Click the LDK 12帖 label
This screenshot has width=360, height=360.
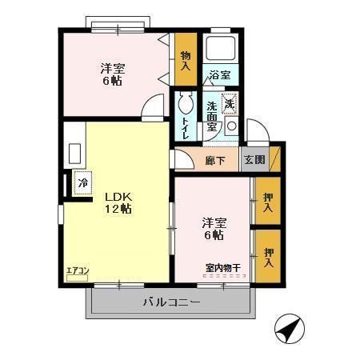tap(115, 202)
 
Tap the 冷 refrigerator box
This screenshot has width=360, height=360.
tap(83, 182)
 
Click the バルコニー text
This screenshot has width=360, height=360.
tap(171, 302)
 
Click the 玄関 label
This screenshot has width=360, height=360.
tap(254, 158)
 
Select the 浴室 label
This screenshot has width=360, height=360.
tap(219, 75)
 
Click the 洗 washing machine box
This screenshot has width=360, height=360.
tap(230, 102)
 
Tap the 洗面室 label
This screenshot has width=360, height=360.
tap(213, 117)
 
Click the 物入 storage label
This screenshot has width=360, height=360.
tap(186, 59)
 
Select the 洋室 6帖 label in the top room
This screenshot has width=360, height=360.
tap(111, 74)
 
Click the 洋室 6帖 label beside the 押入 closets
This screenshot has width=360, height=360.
tap(213, 228)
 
